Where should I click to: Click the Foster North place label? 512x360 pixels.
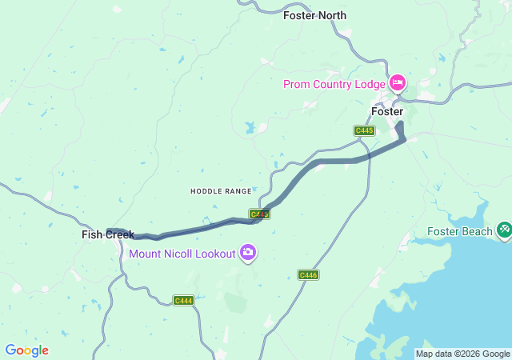point(314,14)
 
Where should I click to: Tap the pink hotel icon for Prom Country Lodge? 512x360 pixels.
point(398,82)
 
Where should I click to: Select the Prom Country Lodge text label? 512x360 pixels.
point(334,83)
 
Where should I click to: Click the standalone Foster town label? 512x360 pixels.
point(387,111)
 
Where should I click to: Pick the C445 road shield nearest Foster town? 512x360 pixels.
point(364,130)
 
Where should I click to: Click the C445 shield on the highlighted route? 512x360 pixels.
point(258,214)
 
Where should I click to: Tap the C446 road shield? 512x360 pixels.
point(309,274)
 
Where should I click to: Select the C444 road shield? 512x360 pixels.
point(184,300)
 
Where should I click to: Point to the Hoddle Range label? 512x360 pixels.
point(221,191)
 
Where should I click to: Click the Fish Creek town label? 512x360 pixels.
point(108,234)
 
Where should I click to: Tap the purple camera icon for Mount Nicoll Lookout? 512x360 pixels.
point(248,254)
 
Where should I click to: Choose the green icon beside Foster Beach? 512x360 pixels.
point(504,230)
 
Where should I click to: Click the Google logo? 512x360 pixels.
point(26,350)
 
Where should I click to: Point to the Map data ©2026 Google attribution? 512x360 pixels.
point(462,354)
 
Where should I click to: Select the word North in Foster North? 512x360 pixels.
point(331,14)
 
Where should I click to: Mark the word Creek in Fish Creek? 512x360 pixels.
point(118,234)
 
